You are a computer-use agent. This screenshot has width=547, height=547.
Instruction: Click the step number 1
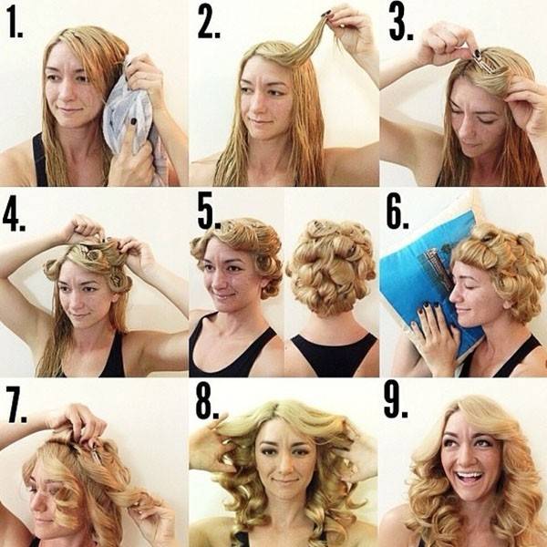coord(15,23)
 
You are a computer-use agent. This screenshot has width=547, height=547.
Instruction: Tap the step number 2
coord(209,22)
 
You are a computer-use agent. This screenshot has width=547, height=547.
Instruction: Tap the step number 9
coord(396,401)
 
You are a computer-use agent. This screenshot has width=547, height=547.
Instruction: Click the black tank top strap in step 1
coord(39,160)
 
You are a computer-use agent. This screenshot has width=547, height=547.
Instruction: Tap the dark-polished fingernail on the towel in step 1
coord(133,121)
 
